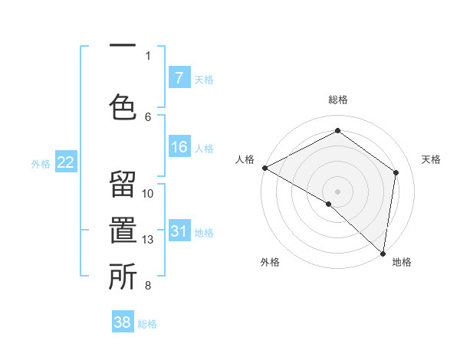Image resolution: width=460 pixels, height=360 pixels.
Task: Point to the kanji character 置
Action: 123,233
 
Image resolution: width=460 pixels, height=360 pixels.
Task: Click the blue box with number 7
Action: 179,78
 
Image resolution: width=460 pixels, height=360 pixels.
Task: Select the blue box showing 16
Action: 179,147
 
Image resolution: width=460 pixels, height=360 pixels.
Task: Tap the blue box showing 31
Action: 179,231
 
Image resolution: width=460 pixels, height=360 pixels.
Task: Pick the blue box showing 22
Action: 66,162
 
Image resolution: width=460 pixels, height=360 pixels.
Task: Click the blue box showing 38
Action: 123,322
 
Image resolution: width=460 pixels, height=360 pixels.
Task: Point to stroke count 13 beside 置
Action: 148,240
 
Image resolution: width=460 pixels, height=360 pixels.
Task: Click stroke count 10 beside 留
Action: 148,194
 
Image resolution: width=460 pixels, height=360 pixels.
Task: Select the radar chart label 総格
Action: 337,100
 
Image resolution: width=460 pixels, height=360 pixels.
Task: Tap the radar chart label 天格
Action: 431,159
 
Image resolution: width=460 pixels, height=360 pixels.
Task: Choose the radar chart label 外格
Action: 270,262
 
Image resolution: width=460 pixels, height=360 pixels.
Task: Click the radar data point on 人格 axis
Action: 264,168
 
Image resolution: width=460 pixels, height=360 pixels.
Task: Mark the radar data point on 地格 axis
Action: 383,252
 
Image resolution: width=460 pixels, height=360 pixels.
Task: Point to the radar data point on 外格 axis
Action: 328,204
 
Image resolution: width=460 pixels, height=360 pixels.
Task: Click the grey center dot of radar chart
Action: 337,191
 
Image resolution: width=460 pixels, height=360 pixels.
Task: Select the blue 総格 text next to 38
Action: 147,324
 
